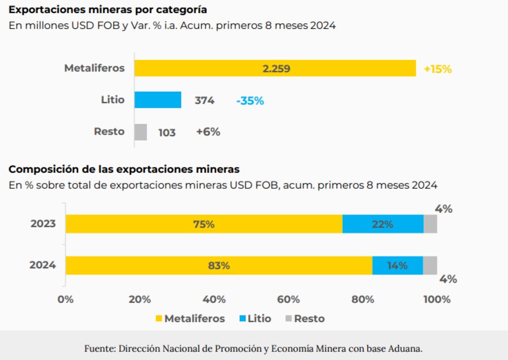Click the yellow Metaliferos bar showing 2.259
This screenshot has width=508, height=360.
coord(275,69)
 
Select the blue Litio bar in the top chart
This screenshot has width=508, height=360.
coord(157,100)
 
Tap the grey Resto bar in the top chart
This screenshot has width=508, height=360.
coord(141,132)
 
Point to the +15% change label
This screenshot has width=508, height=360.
coord(437,69)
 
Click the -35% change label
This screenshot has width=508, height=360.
coord(250,101)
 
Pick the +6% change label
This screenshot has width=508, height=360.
coord(208,132)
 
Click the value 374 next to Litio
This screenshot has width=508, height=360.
coord(204,101)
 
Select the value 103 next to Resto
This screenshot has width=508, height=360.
coord(167,133)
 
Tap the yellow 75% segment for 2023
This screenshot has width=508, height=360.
coord(204,224)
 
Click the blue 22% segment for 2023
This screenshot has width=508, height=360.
coord(383,224)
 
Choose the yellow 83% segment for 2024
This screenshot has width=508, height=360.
coord(219,265)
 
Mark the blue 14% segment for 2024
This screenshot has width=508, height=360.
coord(397,265)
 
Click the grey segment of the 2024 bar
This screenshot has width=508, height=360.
coord(430,265)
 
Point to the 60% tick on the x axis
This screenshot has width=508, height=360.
coord(288,299)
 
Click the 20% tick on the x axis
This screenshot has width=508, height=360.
coord(140,299)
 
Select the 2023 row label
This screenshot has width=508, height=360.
coord(43,224)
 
